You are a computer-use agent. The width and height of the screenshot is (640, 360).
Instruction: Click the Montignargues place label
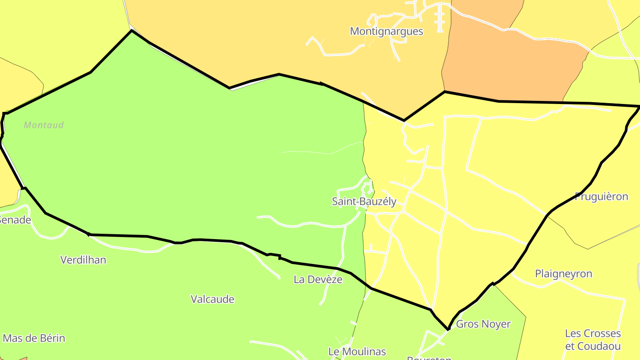(386, 32)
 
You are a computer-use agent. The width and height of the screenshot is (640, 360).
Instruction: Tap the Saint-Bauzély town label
(364, 201)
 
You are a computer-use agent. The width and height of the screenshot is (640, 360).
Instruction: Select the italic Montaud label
(44, 125)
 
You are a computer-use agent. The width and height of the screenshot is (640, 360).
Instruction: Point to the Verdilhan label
(83, 260)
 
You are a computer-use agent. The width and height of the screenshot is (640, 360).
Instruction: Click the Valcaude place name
(212, 300)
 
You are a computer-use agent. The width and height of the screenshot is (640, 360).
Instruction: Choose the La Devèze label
(318, 280)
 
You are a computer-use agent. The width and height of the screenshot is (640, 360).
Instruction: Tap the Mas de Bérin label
(34, 339)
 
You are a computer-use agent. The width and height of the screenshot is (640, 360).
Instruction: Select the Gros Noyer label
(483, 324)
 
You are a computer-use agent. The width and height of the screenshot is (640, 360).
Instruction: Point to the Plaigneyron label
(563, 274)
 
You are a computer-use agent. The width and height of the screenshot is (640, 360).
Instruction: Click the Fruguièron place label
(601, 196)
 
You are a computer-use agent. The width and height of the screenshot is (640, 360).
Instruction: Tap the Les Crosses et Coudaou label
(592, 340)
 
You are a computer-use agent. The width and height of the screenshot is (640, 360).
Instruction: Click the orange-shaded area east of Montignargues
(511, 62)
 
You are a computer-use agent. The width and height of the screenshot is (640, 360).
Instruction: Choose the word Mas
(12, 339)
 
